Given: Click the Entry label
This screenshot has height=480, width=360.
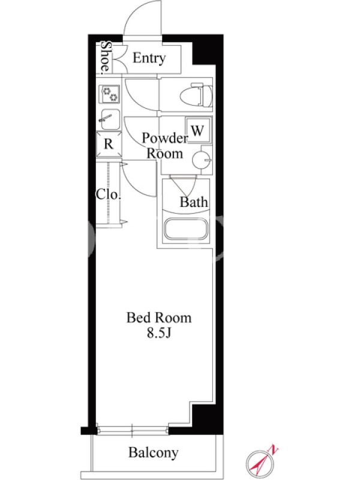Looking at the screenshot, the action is (x=149, y=58).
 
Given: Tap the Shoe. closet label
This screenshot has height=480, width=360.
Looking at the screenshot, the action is (x=106, y=57).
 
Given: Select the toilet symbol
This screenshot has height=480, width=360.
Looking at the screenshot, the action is (x=196, y=95).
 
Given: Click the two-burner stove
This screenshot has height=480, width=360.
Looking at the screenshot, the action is (x=109, y=94).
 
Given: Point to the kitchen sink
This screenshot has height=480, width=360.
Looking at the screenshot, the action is (x=109, y=119).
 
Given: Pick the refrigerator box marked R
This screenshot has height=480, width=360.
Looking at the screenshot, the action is (x=109, y=144).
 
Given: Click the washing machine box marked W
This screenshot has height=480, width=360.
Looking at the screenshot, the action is (x=199, y=130).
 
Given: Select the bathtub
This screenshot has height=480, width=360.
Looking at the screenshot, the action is (x=186, y=228).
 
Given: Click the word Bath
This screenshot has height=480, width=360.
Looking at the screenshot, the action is (x=193, y=202).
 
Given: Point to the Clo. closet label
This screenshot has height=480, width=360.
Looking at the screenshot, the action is (x=108, y=194).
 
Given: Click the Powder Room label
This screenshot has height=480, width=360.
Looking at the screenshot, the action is (x=164, y=146).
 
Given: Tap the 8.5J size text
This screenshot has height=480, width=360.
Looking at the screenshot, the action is (x=158, y=333).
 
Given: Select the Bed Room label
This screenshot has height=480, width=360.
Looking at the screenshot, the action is (x=159, y=318).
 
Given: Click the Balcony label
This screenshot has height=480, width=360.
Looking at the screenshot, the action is (x=153, y=452).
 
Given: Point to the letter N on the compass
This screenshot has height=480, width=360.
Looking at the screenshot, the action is (x=273, y=449).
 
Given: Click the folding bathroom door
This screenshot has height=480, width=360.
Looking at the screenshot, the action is (x=183, y=185).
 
